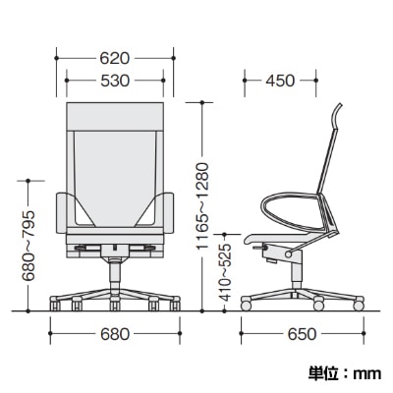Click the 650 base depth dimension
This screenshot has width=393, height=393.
302,334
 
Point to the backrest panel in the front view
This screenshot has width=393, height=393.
114,157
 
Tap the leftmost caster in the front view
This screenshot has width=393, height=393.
52,308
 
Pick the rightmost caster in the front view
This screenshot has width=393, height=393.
177,308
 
